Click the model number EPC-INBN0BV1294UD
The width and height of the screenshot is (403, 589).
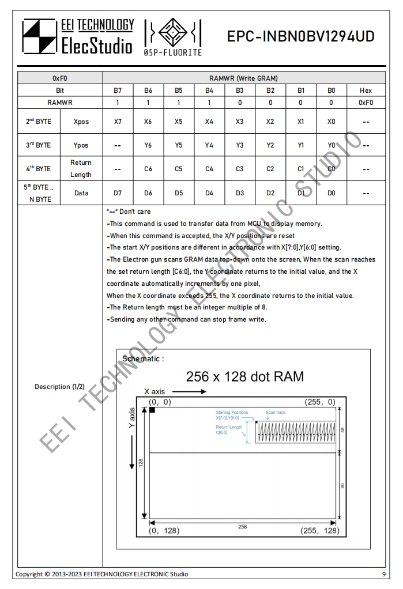coord(300,37)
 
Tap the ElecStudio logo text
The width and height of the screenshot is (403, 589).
coord(97,44)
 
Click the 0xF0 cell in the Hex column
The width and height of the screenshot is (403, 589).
coord(366,102)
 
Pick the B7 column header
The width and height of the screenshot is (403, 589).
coord(118,90)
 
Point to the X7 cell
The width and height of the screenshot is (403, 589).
coord(118,122)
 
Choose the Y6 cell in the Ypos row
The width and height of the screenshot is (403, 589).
coord(148,145)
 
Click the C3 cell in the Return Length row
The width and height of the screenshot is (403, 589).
coord(240,169)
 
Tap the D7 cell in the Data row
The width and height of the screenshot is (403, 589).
coord(118,193)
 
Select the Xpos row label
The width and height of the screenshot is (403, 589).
coord(81,122)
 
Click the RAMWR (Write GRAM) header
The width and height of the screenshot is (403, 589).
coord(243,78)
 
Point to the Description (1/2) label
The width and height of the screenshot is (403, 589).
coord(59,387)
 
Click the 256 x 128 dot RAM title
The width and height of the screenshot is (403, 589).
coord(244,377)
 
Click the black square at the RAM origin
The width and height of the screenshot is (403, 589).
coord(152,410)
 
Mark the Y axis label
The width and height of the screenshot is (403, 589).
coord(131,418)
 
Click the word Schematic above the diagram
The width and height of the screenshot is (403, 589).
coord(141,358)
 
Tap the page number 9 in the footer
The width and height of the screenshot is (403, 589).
coord(383,574)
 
